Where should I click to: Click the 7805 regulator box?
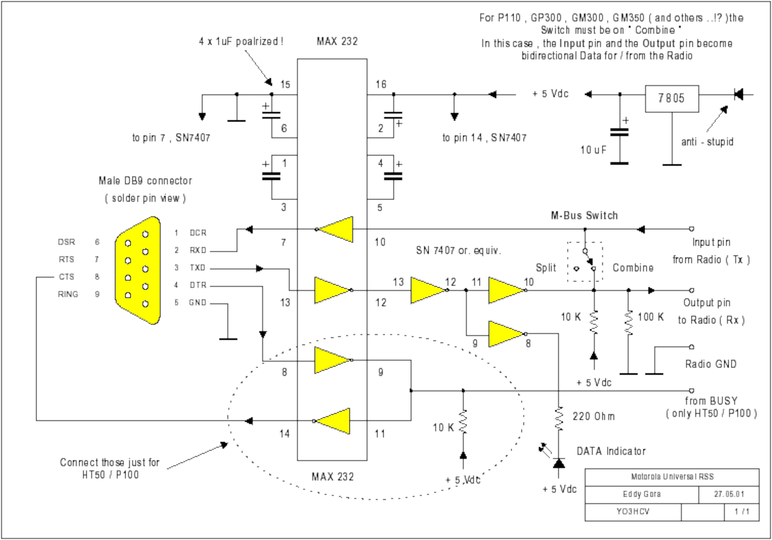671,98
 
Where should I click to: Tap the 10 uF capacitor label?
593,150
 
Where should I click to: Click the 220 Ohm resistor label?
593,417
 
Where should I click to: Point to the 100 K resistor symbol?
629,322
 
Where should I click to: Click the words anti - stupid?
707,142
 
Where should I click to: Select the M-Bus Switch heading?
584,216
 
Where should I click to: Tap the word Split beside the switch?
546,267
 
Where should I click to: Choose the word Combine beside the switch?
633,267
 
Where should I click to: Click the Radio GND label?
711,364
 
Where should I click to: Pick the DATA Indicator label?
611,451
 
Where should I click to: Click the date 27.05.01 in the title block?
729,494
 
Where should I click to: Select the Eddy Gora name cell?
641,494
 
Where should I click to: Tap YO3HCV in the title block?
633,511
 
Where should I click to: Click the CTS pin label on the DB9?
67,277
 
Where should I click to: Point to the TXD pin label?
198,268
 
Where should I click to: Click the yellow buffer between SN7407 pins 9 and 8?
506,334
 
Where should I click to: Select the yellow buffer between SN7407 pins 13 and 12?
428,290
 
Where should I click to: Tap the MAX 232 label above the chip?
337,41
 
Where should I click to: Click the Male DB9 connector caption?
145,181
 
